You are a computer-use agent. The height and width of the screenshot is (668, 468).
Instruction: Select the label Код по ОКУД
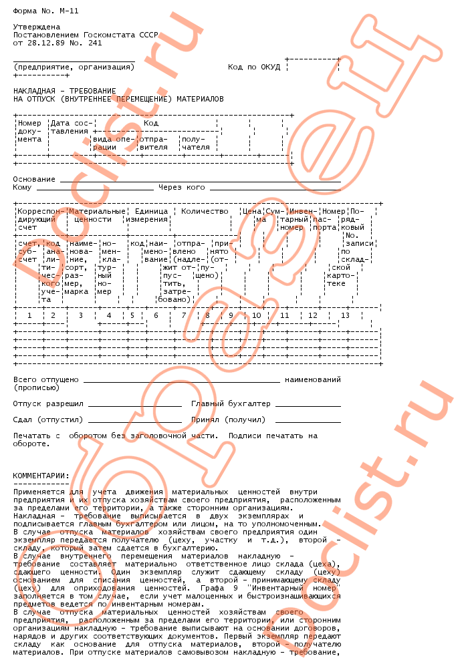coord(253,67)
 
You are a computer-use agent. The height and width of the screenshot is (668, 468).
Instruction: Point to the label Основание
coord(34,179)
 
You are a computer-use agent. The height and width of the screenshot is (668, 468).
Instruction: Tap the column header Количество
coord(205,211)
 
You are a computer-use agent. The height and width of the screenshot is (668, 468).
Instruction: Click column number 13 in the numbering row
coord(345,315)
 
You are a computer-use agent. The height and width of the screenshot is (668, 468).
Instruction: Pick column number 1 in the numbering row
coord(29,315)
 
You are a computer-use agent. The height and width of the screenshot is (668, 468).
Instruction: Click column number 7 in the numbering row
coord(183,315)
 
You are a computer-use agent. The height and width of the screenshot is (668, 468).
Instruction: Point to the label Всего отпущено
coord(45,379)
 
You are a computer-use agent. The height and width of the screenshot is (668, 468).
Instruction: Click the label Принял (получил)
coord(228,420)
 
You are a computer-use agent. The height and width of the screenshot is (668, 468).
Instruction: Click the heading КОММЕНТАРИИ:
coord(41,476)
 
